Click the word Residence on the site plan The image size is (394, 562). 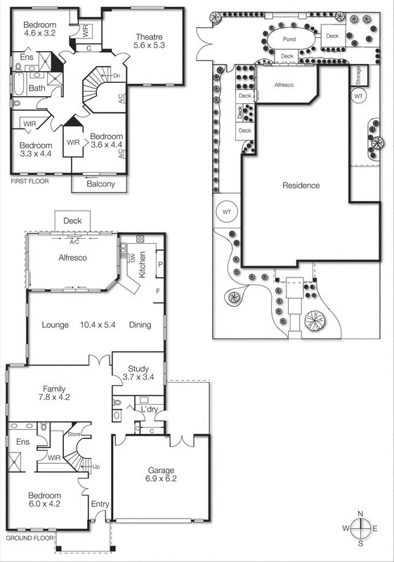point(301,186)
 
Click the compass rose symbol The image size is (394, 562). point(360,528)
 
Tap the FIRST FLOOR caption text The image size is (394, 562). point(32,181)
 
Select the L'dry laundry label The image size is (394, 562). point(149,409)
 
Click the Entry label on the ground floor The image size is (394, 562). point(100,504)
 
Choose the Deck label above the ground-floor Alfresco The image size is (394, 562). point(72,221)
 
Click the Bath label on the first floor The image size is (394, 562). point(37,89)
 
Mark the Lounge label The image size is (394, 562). point(55,325)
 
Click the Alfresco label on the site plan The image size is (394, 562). point(282,84)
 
